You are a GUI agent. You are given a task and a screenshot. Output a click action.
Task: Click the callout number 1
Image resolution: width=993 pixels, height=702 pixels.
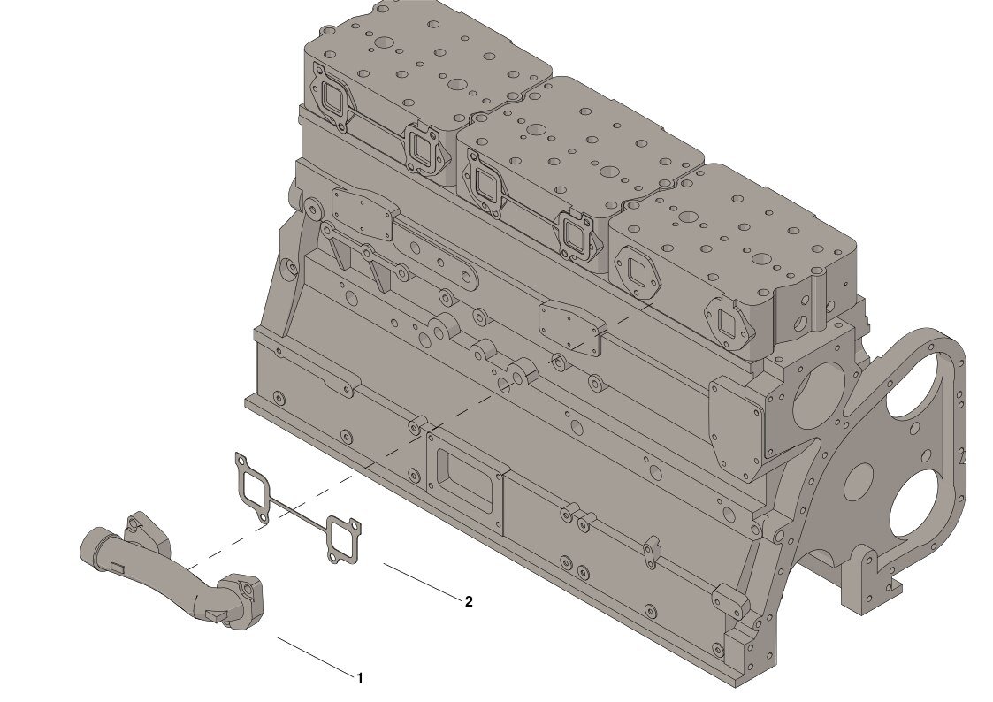360,678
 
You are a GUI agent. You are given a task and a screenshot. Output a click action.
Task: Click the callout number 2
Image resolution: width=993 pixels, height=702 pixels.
469,601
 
